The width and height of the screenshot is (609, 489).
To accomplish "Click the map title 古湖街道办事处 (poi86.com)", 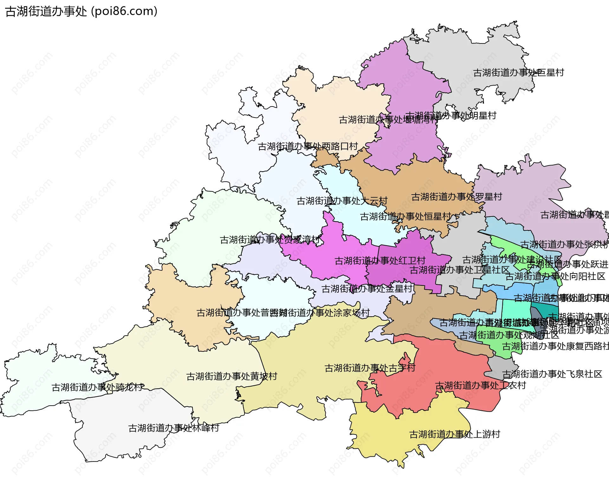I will click(x=81, y=11).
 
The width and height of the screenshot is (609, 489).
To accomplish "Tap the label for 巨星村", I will click(x=519, y=73).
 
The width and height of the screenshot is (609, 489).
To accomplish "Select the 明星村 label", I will click(x=451, y=116).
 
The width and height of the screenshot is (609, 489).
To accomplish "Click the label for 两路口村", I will click(x=308, y=146).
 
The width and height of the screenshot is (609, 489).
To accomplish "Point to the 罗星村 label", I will click(x=457, y=197).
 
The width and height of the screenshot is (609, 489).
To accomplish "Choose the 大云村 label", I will click(x=342, y=201).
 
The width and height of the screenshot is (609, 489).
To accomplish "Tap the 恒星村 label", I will click(x=406, y=216).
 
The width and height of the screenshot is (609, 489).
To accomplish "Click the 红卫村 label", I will click(x=380, y=261).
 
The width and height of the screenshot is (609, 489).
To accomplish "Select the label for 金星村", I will click(x=367, y=289).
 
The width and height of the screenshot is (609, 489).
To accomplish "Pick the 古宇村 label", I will click(x=370, y=368).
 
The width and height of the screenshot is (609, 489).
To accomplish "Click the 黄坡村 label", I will click(x=232, y=376).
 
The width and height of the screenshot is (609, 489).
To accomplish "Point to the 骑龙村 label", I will click(x=97, y=387).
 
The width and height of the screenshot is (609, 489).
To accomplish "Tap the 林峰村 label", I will click(x=174, y=428).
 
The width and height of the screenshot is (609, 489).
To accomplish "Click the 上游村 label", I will click(x=455, y=434).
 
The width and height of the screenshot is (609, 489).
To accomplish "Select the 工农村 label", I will click(x=480, y=386).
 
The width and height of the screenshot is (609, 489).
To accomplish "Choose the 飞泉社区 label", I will click(x=552, y=374).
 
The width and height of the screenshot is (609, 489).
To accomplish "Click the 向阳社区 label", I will click(x=555, y=276).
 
